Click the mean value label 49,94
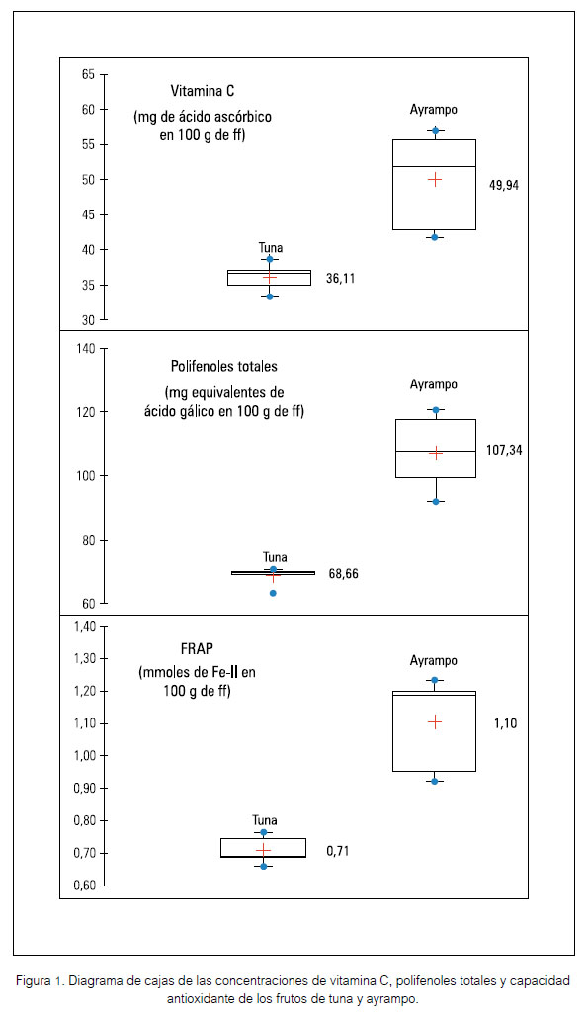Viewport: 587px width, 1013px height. [504, 186]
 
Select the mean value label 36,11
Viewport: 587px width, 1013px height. [340, 279]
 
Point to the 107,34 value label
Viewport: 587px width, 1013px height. [504, 451]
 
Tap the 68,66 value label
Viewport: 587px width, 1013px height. [344, 573]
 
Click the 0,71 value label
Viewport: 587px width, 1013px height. [338, 851]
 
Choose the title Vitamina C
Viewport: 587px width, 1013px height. [203, 91]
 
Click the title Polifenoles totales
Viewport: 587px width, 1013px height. [224, 367]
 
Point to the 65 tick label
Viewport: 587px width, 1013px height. [89, 75]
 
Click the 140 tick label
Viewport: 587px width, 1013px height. [86, 349]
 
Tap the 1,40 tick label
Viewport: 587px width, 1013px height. [84, 627]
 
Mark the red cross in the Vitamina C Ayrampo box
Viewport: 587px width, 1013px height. [435, 180]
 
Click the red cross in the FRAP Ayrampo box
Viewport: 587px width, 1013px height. [435, 721]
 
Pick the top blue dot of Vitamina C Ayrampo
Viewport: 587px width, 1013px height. [436, 131]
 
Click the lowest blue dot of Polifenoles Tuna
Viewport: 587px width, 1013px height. [273, 593]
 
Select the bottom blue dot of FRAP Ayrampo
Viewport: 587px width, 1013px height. [435, 781]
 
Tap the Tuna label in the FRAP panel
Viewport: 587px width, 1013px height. [265, 820]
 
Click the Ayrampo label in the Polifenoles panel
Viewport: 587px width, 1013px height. [434, 385]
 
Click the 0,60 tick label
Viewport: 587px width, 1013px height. [84, 886]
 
